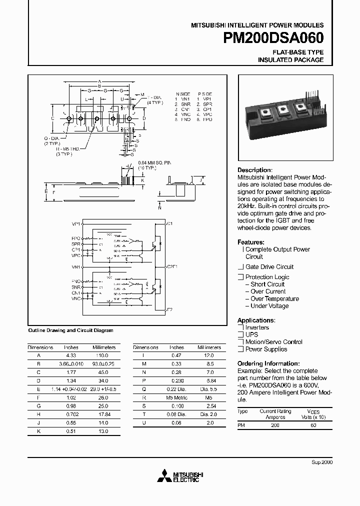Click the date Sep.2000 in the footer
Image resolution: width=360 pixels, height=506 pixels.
[322, 462]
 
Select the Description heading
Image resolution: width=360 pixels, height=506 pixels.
[254, 170]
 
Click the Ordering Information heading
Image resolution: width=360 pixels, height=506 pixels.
[268, 363]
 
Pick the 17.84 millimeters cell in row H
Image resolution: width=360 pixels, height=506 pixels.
[104, 414]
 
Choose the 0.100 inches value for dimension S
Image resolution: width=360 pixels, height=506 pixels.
[176, 405]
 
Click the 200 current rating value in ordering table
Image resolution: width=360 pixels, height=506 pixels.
[275, 425]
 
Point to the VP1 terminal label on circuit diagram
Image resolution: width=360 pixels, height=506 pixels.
[76, 223]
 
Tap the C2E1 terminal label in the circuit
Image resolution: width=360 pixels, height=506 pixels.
[172, 266]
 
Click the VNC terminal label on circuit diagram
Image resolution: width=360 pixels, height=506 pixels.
[76, 298]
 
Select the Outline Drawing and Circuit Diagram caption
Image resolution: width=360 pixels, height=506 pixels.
[70, 330]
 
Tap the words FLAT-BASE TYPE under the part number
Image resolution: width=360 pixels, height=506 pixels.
[297, 52]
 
